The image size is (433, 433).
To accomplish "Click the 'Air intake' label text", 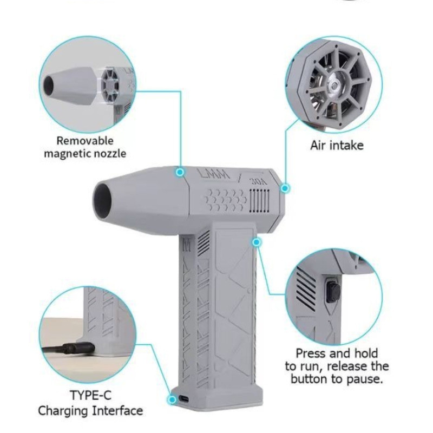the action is pos(337,145).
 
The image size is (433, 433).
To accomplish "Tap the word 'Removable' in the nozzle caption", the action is pos(85,141).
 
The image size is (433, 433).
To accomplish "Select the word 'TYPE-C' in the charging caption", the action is pos(90,395).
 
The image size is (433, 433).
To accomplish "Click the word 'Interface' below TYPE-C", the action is pos(117,411).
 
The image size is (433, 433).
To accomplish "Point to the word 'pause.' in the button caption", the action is pos(364,378).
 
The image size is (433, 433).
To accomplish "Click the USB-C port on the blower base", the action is pos(184,399).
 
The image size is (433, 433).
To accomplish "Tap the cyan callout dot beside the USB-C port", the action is pos(172,399).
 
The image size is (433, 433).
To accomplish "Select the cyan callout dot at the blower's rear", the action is pos(285,188).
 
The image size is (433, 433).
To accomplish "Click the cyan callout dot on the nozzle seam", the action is pos(180,172).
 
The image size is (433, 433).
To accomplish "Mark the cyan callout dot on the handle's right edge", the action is pos(257,242).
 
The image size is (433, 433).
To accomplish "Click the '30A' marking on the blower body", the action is pos(259,181).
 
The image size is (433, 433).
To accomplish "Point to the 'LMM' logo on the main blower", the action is pos(214,174).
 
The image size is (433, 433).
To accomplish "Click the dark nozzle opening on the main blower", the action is pos(103,198).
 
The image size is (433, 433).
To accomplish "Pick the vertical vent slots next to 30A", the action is pos(259,201).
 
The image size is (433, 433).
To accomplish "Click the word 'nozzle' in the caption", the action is pos(110,154).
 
